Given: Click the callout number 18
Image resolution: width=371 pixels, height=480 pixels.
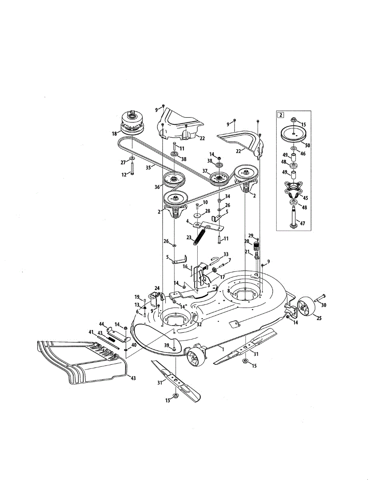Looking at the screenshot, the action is [114, 134].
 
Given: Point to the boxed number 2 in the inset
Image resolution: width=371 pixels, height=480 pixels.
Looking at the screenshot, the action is [281, 116].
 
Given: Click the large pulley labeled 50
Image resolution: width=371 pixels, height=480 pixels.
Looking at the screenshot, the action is [293, 134].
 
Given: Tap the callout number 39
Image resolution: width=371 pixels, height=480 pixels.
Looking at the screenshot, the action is [167, 345].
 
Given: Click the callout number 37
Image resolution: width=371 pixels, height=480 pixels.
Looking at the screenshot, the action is [205, 171].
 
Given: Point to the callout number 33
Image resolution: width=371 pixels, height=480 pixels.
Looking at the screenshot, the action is [226, 254].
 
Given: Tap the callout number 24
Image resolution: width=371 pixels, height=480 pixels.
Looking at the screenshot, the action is [157, 288].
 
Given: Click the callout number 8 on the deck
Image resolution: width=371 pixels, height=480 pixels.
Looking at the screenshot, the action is [229, 292].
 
